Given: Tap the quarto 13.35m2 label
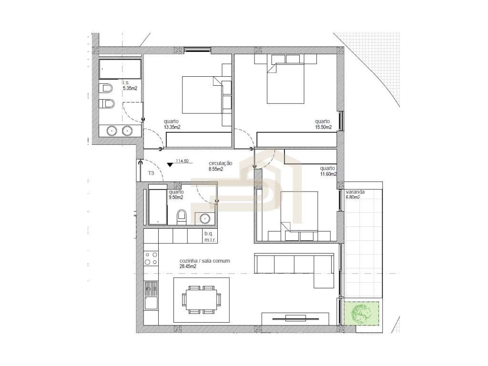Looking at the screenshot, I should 172,124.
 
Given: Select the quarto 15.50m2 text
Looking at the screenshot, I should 323,124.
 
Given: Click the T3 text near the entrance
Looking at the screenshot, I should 151,173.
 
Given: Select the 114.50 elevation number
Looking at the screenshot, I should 183,161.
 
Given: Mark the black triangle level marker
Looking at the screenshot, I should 170,165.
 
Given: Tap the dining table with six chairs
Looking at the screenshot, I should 201,299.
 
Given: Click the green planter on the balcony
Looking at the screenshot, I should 363,313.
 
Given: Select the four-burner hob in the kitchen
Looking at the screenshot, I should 152,259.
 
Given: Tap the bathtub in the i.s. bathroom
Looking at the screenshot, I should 120,69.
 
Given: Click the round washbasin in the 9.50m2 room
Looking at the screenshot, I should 205,218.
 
